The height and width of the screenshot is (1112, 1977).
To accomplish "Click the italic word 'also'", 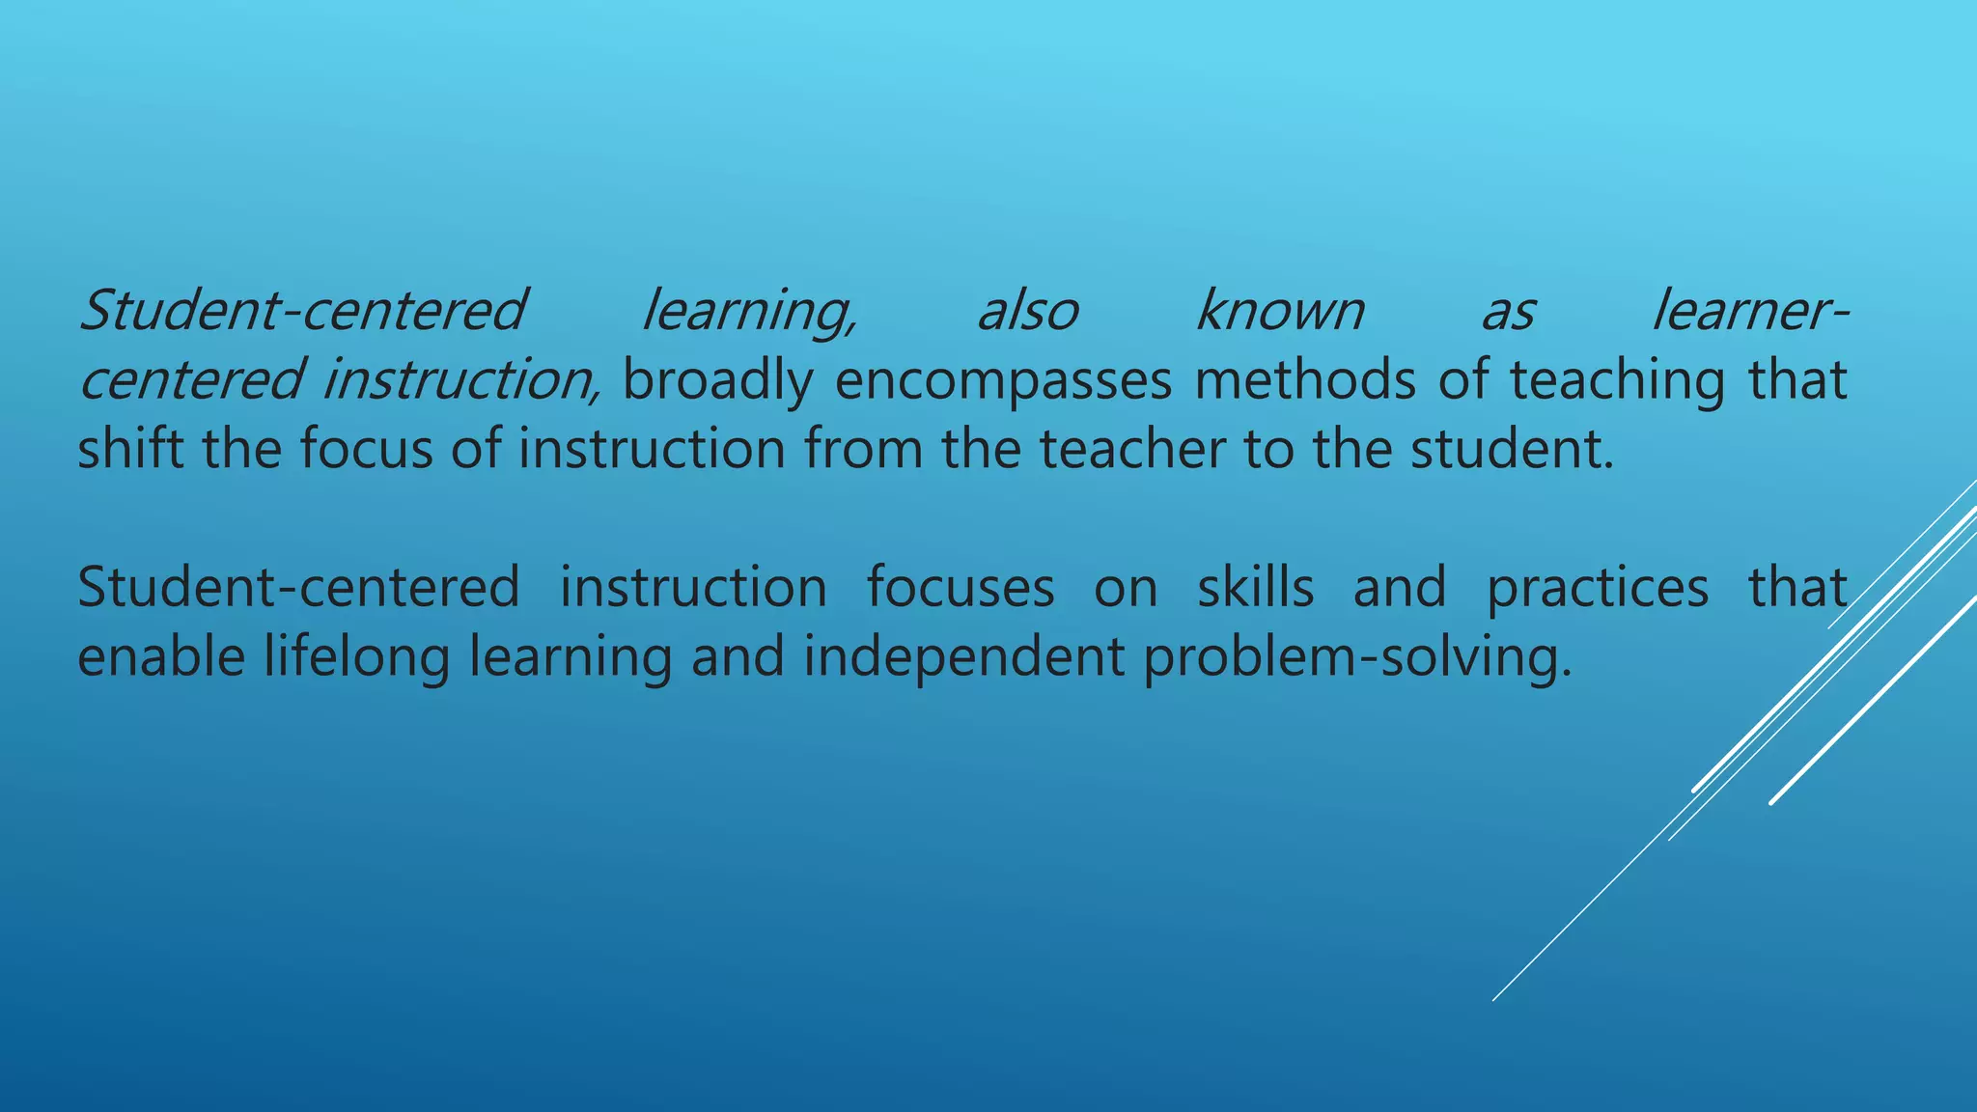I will tap(1028, 311).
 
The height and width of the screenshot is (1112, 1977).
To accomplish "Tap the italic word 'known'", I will tap(1280, 311).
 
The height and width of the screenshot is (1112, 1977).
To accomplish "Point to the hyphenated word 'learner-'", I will tap(1750, 311).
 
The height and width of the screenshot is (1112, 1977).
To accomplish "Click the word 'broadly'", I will tap(717, 380).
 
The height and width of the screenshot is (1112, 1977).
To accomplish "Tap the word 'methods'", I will tap(1305, 379).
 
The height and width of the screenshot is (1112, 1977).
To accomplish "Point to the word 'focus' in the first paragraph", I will tap(366, 450).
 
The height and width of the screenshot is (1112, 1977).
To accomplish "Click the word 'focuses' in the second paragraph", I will tap(960, 588).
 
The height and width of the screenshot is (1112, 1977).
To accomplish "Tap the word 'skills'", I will tap(1255, 587).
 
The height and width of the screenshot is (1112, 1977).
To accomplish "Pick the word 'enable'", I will tap(160, 656).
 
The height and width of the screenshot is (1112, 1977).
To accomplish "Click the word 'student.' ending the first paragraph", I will tap(1512, 450).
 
